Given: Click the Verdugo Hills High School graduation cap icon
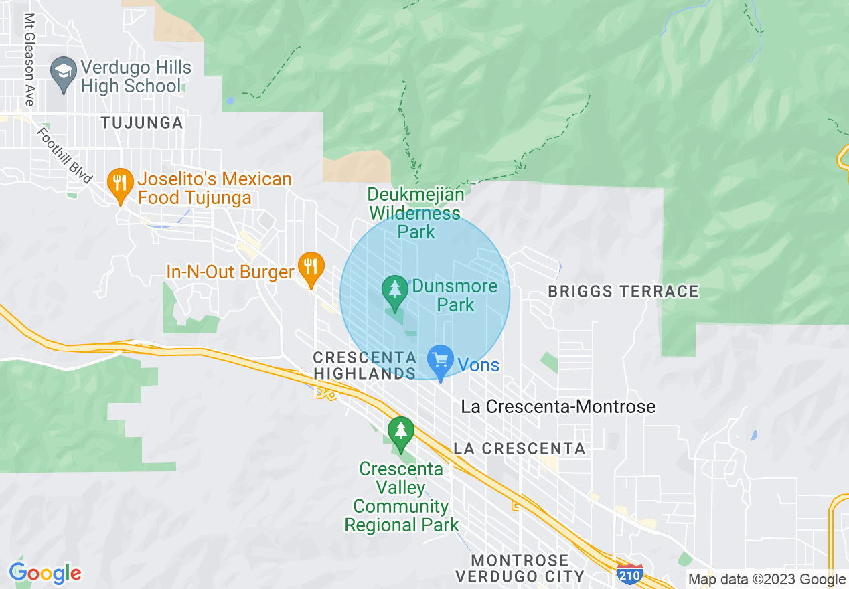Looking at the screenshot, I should [64, 76].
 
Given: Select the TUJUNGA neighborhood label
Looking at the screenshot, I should [141, 122].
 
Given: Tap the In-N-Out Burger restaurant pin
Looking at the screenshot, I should [310, 268].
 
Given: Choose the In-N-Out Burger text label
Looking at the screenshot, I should [230, 272].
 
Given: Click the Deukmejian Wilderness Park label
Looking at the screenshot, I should [416, 213].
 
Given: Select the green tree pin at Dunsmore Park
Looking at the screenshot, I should [395, 292].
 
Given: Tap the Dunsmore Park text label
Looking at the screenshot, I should [455, 295].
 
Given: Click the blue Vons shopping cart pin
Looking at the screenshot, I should [441, 361].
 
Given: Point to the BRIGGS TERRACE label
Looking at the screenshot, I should [623, 291].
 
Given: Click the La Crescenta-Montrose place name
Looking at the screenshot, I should [558, 406].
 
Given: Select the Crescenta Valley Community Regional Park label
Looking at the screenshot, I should [401, 497].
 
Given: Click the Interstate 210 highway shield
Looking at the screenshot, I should [630, 574].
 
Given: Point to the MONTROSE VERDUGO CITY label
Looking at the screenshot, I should [520, 568].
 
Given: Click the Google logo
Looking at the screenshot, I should [45, 573].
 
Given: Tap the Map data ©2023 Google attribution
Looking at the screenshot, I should [767, 580].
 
